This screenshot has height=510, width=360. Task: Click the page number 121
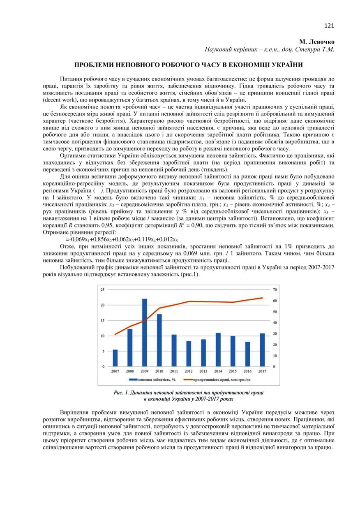[x=329, y=26]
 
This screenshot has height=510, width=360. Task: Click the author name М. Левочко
[x=317, y=42]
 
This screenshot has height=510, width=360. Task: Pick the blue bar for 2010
[x=159, y=340]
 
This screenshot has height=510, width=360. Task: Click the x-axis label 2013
[x=203, y=371]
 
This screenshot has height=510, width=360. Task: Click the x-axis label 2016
[x=247, y=371]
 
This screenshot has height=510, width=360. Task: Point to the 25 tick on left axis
[x=102, y=290]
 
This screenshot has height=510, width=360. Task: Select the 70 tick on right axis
[x=275, y=290]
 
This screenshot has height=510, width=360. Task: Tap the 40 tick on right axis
[x=275, y=323]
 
